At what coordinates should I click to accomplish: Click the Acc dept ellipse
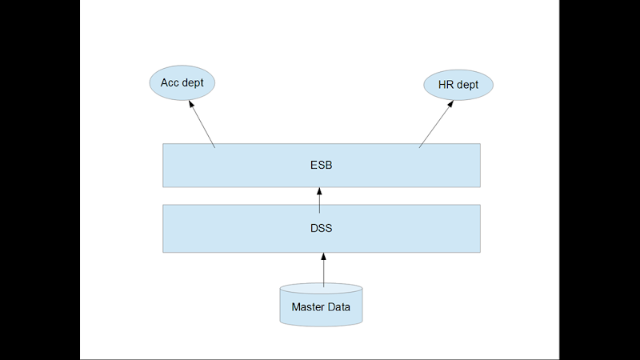(x=182, y=82)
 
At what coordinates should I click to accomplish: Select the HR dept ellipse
(x=458, y=85)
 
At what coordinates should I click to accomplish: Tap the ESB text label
(x=321, y=166)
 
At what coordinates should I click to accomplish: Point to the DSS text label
(x=321, y=228)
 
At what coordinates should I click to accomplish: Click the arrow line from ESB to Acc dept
(x=203, y=126)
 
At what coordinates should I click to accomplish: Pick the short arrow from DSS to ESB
(x=320, y=200)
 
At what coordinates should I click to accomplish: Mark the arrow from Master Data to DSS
(x=323, y=270)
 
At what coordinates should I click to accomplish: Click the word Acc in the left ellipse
(x=170, y=82)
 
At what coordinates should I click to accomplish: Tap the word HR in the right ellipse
(x=446, y=85)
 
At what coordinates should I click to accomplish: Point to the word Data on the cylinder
(x=339, y=306)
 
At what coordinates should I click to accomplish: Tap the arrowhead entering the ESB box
(x=320, y=191)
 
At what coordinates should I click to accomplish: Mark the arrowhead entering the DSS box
(x=323, y=257)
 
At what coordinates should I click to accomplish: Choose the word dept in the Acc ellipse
(x=193, y=82)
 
